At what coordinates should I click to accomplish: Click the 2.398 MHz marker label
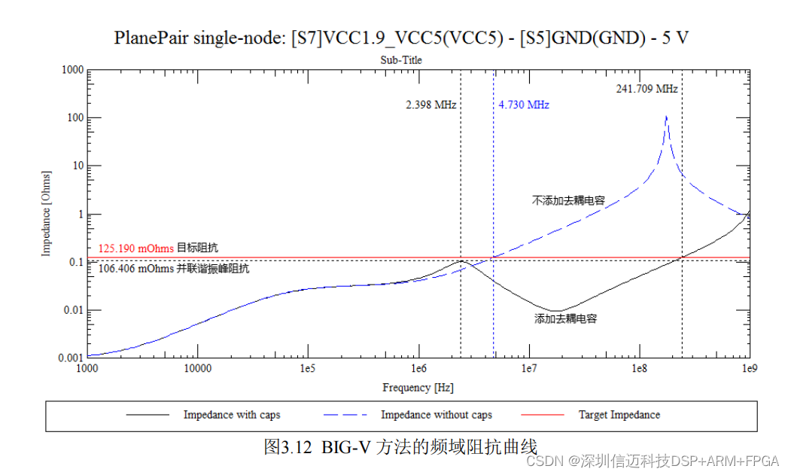point(431,105)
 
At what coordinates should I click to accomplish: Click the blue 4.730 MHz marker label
point(524,105)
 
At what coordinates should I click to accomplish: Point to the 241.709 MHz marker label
point(646,89)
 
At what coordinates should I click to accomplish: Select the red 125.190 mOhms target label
point(136,248)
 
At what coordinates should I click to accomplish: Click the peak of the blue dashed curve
point(666,117)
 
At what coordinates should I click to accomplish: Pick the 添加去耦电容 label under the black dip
point(565,319)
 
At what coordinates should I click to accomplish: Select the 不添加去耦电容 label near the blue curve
point(568,201)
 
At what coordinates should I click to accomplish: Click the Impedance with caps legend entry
point(231,415)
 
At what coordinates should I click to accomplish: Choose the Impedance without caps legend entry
point(436,415)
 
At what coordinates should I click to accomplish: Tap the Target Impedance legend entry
point(619,415)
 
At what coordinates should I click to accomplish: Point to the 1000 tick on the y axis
point(71,70)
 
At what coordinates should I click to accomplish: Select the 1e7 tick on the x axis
point(529,370)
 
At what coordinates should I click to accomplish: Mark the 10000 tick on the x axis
point(196,370)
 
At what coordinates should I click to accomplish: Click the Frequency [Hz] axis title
point(418,388)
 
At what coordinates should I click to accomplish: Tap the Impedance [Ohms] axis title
point(47,213)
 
